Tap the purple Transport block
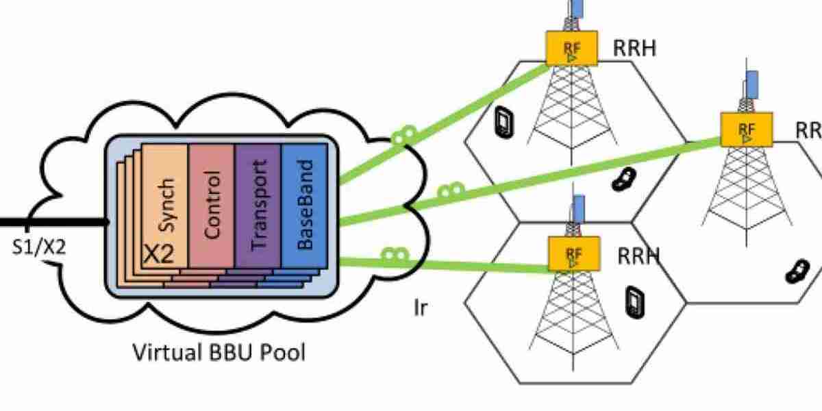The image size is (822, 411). click(x=258, y=206)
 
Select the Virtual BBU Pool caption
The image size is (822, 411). click(x=219, y=353)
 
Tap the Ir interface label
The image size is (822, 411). click(x=421, y=308)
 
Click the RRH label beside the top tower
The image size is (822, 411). click(x=635, y=49)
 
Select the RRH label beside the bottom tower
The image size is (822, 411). click(x=638, y=256)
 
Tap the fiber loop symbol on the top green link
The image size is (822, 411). click(x=405, y=135)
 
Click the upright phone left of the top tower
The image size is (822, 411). click(x=503, y=121)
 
